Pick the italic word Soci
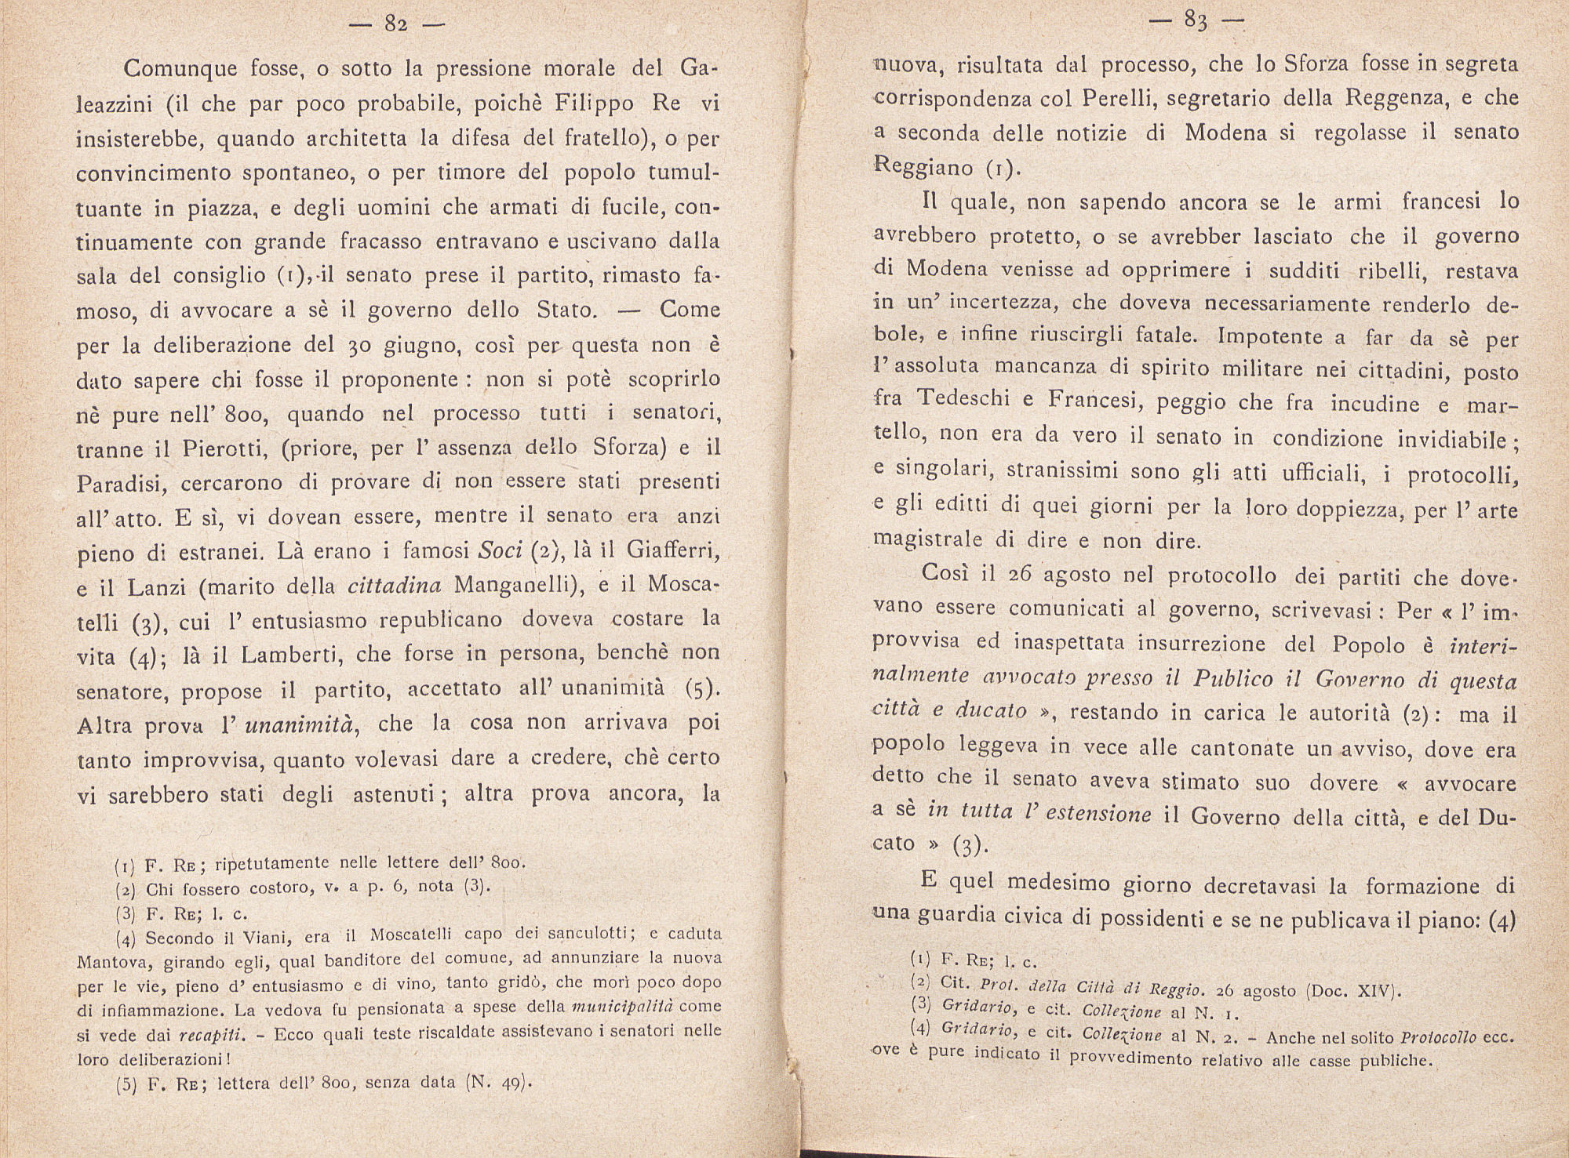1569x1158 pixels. pyautogui.click(x=501, y=551)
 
